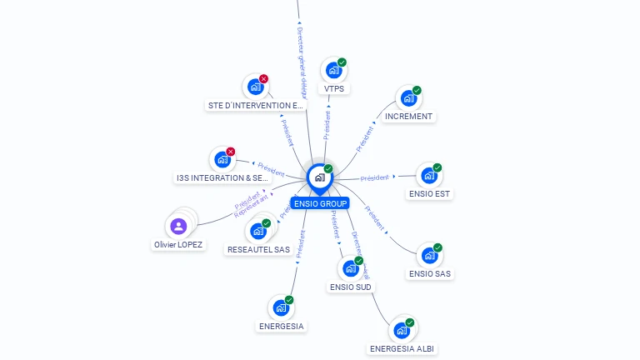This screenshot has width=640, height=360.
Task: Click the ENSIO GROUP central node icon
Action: point(319,177)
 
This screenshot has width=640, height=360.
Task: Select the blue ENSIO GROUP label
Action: point(320,203)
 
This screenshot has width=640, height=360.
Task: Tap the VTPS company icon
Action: point(333,71)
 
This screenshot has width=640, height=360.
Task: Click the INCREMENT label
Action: point(408,117)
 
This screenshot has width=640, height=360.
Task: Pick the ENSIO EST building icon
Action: point(428,176)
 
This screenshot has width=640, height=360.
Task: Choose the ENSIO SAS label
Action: point(430,273)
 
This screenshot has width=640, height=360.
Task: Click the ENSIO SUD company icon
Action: point(350,268)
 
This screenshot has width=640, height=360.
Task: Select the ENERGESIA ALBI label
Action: point(402,348)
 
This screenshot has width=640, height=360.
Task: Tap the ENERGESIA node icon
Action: point(280,308)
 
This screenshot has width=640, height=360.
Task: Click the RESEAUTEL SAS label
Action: point(258,249)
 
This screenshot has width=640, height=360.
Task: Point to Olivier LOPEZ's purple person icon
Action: point(178,226)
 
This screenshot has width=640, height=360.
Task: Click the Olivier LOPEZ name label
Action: point(178,245)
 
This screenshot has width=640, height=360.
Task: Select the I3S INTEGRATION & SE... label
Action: point(223,178)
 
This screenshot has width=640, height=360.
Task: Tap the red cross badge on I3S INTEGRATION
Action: point(231,152)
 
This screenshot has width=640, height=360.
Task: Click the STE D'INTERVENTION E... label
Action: point(255,106)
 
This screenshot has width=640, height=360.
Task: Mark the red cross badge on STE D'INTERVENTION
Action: point(263,79)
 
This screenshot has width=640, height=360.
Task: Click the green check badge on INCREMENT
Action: point(417,91)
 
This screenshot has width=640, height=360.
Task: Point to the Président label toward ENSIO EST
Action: point(374,177)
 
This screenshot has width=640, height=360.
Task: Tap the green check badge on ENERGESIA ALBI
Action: point(410,322)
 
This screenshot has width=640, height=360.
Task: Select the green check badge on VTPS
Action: point(342,62)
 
